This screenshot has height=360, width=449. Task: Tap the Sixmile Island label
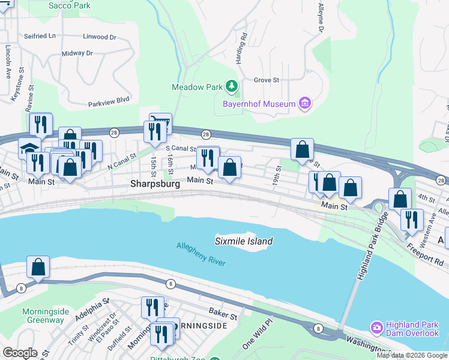[x=244, y=241]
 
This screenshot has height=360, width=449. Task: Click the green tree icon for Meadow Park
[x=231, y=87]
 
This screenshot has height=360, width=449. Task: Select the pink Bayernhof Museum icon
[x=305, y=104]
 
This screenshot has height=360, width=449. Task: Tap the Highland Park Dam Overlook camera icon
[x=376, y=328]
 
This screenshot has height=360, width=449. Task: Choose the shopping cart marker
[x=160, y=124]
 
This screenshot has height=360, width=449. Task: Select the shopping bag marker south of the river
[x=38, y=268]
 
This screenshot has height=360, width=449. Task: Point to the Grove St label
[x=267, y=80]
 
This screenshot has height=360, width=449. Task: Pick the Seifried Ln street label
[x=40, y=36]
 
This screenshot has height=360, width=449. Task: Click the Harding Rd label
[x=243, y=44]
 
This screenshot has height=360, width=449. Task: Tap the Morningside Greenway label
[x=43, y=316]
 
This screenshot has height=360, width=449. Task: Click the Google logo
[x=20, y=353]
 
